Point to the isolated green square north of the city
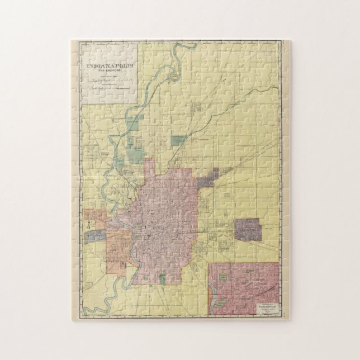178,143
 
